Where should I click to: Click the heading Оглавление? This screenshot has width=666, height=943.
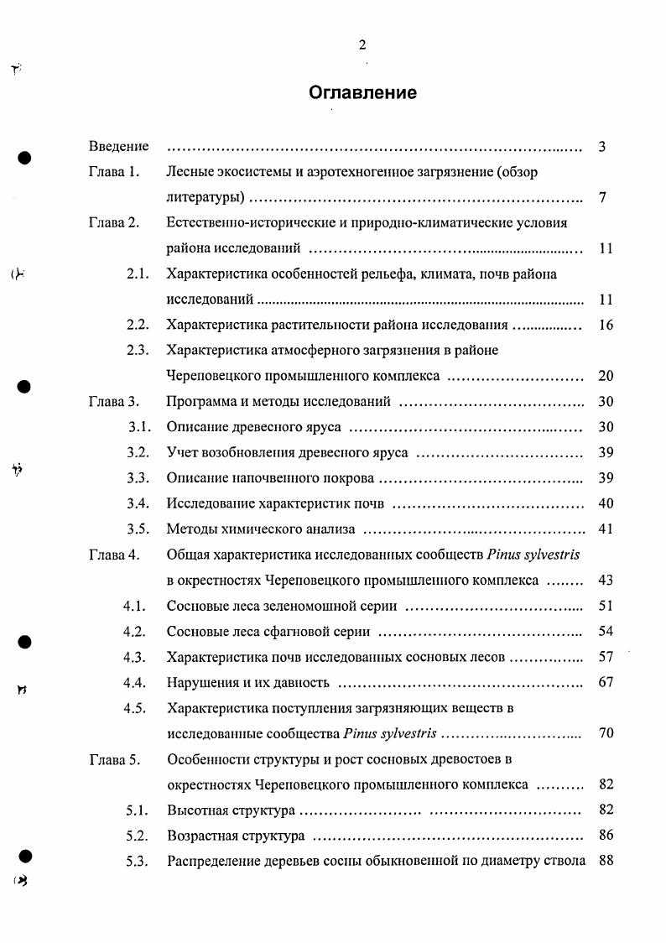point(362,92)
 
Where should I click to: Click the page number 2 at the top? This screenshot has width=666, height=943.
point(362,45)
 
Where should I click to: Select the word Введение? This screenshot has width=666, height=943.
point(118,147)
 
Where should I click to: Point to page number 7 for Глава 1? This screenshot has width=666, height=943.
point(602,198)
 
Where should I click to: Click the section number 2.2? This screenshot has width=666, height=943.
point(138,325)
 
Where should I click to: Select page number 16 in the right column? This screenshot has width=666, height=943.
point(606,325)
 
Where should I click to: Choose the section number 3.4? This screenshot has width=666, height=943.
point(138,503)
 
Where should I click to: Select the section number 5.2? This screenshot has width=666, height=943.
point(138,836)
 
